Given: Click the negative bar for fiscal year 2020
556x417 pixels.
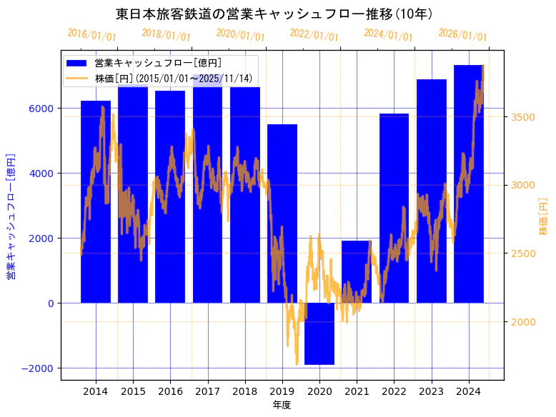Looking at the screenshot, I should point(319,333).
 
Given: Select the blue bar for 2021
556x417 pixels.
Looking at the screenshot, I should point(357,272).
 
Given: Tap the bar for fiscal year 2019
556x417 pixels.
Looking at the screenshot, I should point(282,213).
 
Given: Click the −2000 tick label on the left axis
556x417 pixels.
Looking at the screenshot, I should point(39,368).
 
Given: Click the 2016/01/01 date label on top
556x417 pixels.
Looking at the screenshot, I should point(91,35).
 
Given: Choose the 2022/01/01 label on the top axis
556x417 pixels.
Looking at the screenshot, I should point(314,35).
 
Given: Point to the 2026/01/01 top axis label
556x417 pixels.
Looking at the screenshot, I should point(462,35).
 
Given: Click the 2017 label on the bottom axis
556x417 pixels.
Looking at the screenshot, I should point(207,391).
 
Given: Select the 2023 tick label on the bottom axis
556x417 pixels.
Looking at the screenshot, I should point(431,391).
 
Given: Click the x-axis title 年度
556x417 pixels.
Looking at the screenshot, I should point(282,405).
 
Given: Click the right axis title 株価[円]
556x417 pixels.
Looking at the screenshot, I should point(543,217).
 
